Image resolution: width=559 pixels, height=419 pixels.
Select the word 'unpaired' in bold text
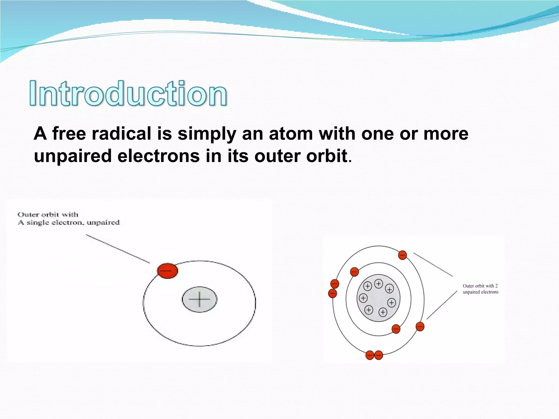[73, 156]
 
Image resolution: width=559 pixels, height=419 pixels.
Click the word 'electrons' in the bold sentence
[158, 156]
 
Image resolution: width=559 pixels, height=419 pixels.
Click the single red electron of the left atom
[167, 271]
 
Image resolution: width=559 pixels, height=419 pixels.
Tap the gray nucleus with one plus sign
[200, 299]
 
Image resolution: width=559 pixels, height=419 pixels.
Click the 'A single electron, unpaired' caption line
[69, 223]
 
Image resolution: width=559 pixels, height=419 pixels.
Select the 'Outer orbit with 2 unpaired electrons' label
[480, 289]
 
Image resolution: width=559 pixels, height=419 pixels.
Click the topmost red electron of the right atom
[402, 255]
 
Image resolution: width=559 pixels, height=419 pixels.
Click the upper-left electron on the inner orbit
[354, 272]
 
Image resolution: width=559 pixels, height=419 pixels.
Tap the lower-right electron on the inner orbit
[396, 329]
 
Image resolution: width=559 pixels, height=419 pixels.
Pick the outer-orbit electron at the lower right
[420, 327]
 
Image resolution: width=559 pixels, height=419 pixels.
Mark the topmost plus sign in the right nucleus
[378, 284]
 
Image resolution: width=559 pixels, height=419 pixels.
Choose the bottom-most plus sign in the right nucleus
[383, 312]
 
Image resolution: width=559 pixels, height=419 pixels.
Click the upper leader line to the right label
[433, 264]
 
